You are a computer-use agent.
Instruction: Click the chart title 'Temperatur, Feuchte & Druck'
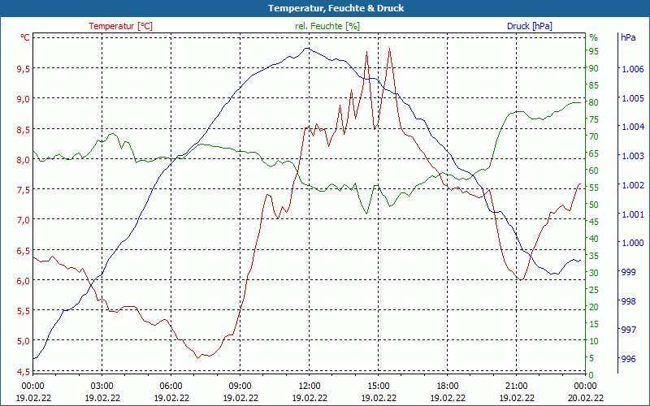[x=325, y=8]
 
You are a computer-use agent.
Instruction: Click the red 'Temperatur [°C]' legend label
[x=120, y=26]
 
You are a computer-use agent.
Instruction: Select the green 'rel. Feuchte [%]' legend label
[x=327, y=26]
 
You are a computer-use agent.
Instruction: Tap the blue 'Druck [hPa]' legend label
[x=530, y=26]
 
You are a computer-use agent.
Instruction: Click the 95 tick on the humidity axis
[x=594, y=51]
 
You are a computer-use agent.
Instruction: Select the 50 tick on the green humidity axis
[x=594, y=205]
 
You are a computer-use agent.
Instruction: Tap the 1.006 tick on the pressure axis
[x=631, y=69]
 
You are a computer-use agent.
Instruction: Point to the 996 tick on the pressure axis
[x=628, y=359]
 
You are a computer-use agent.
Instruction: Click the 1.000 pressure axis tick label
[x=631, y=243]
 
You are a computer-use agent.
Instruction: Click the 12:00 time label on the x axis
[x=310, y=386]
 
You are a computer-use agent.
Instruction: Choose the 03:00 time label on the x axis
[x=102, y=386]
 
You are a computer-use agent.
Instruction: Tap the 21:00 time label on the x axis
[x=517, y=386]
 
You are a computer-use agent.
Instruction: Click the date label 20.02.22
[x=586, y=398]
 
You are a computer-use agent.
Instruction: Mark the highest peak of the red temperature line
[x=390, y=49]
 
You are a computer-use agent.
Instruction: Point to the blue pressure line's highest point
[x=306, y=48]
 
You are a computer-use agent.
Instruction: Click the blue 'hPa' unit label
[x=628, y=37]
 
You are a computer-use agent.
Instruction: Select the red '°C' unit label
[x=25, y=37]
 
